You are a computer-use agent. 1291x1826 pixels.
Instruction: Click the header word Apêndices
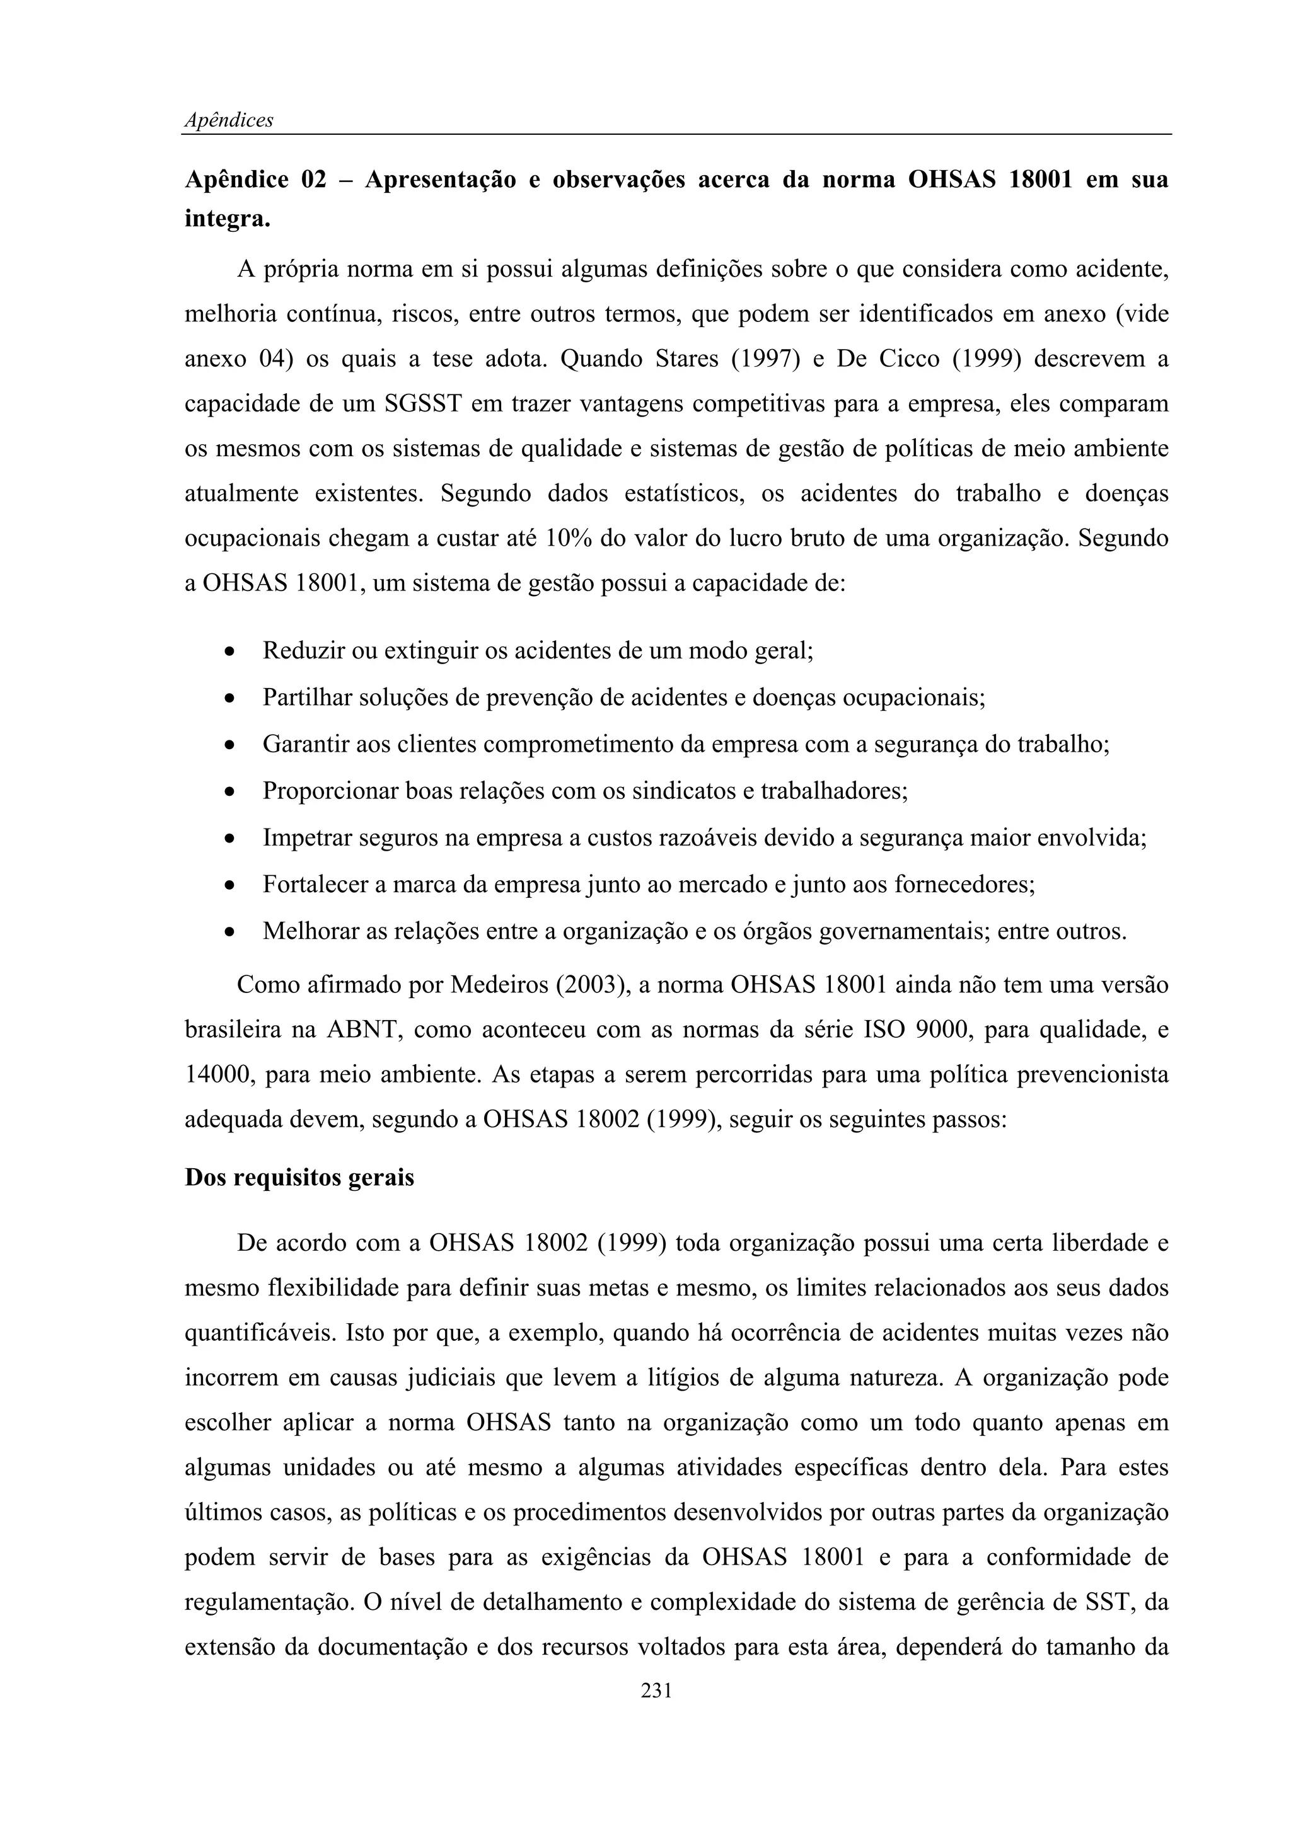point(229,120)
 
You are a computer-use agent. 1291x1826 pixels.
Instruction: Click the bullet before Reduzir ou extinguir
point(229,652)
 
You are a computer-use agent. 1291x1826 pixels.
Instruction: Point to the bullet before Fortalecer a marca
point(229,885)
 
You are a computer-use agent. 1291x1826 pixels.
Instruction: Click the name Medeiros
point(499,985)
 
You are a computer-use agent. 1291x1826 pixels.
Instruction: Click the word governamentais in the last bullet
point(902,931)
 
